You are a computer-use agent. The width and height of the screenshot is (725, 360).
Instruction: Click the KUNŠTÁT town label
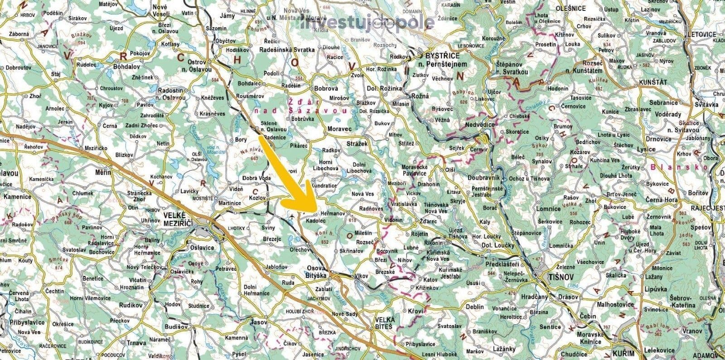coord(653,82)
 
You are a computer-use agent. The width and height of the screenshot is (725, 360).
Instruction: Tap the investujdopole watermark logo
coord(366,23)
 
